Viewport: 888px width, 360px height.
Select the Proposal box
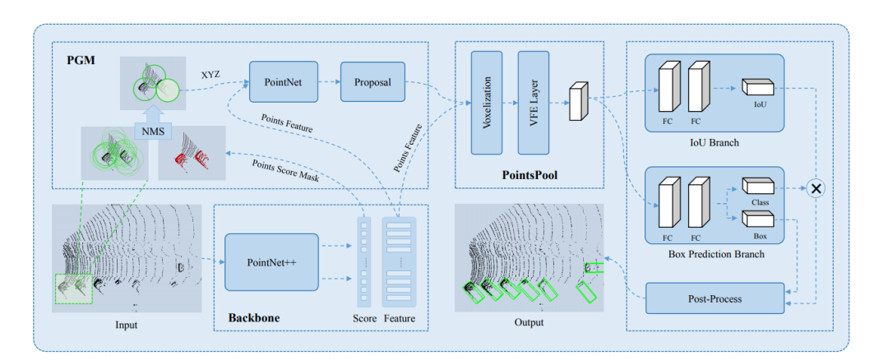(x=372, y=82)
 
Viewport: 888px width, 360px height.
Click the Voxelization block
(x=486, y=103)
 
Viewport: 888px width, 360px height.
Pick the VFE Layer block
(x=533, y=103)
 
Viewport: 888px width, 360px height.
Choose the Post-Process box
(x=714, y=298)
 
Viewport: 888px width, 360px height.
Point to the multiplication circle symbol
(x=816, y=188)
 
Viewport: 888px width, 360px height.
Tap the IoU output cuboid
(x=757, y=86)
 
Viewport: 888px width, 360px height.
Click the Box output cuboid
(x=757, y=219)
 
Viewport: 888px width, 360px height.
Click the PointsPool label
(x=530, y=175)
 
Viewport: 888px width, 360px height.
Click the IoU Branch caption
(x=714, y=142)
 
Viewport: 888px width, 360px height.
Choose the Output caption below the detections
(x=529, y=322)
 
